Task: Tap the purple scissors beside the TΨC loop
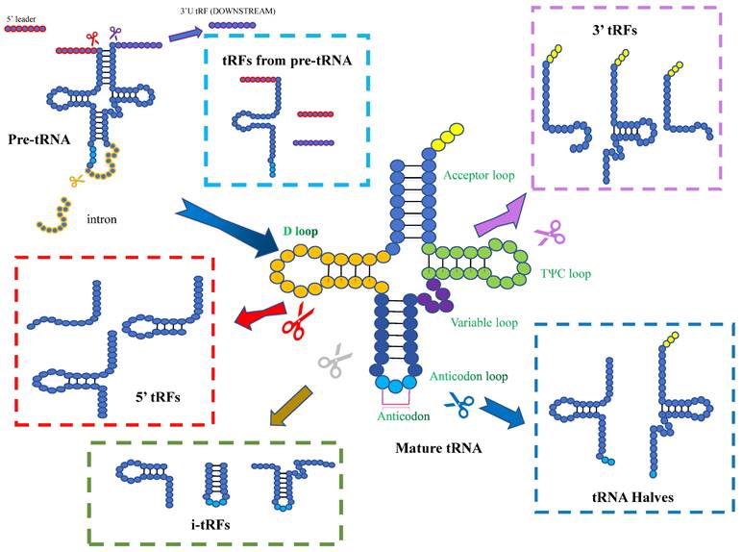point(549,232)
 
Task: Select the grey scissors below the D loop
point(333,364)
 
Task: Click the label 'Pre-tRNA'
point(36,139)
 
